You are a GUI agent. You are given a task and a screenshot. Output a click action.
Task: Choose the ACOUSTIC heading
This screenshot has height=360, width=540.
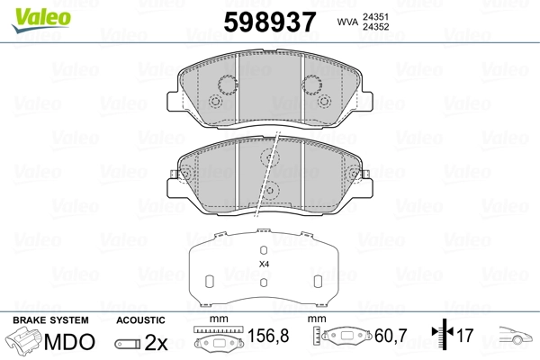tap(140, 319)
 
